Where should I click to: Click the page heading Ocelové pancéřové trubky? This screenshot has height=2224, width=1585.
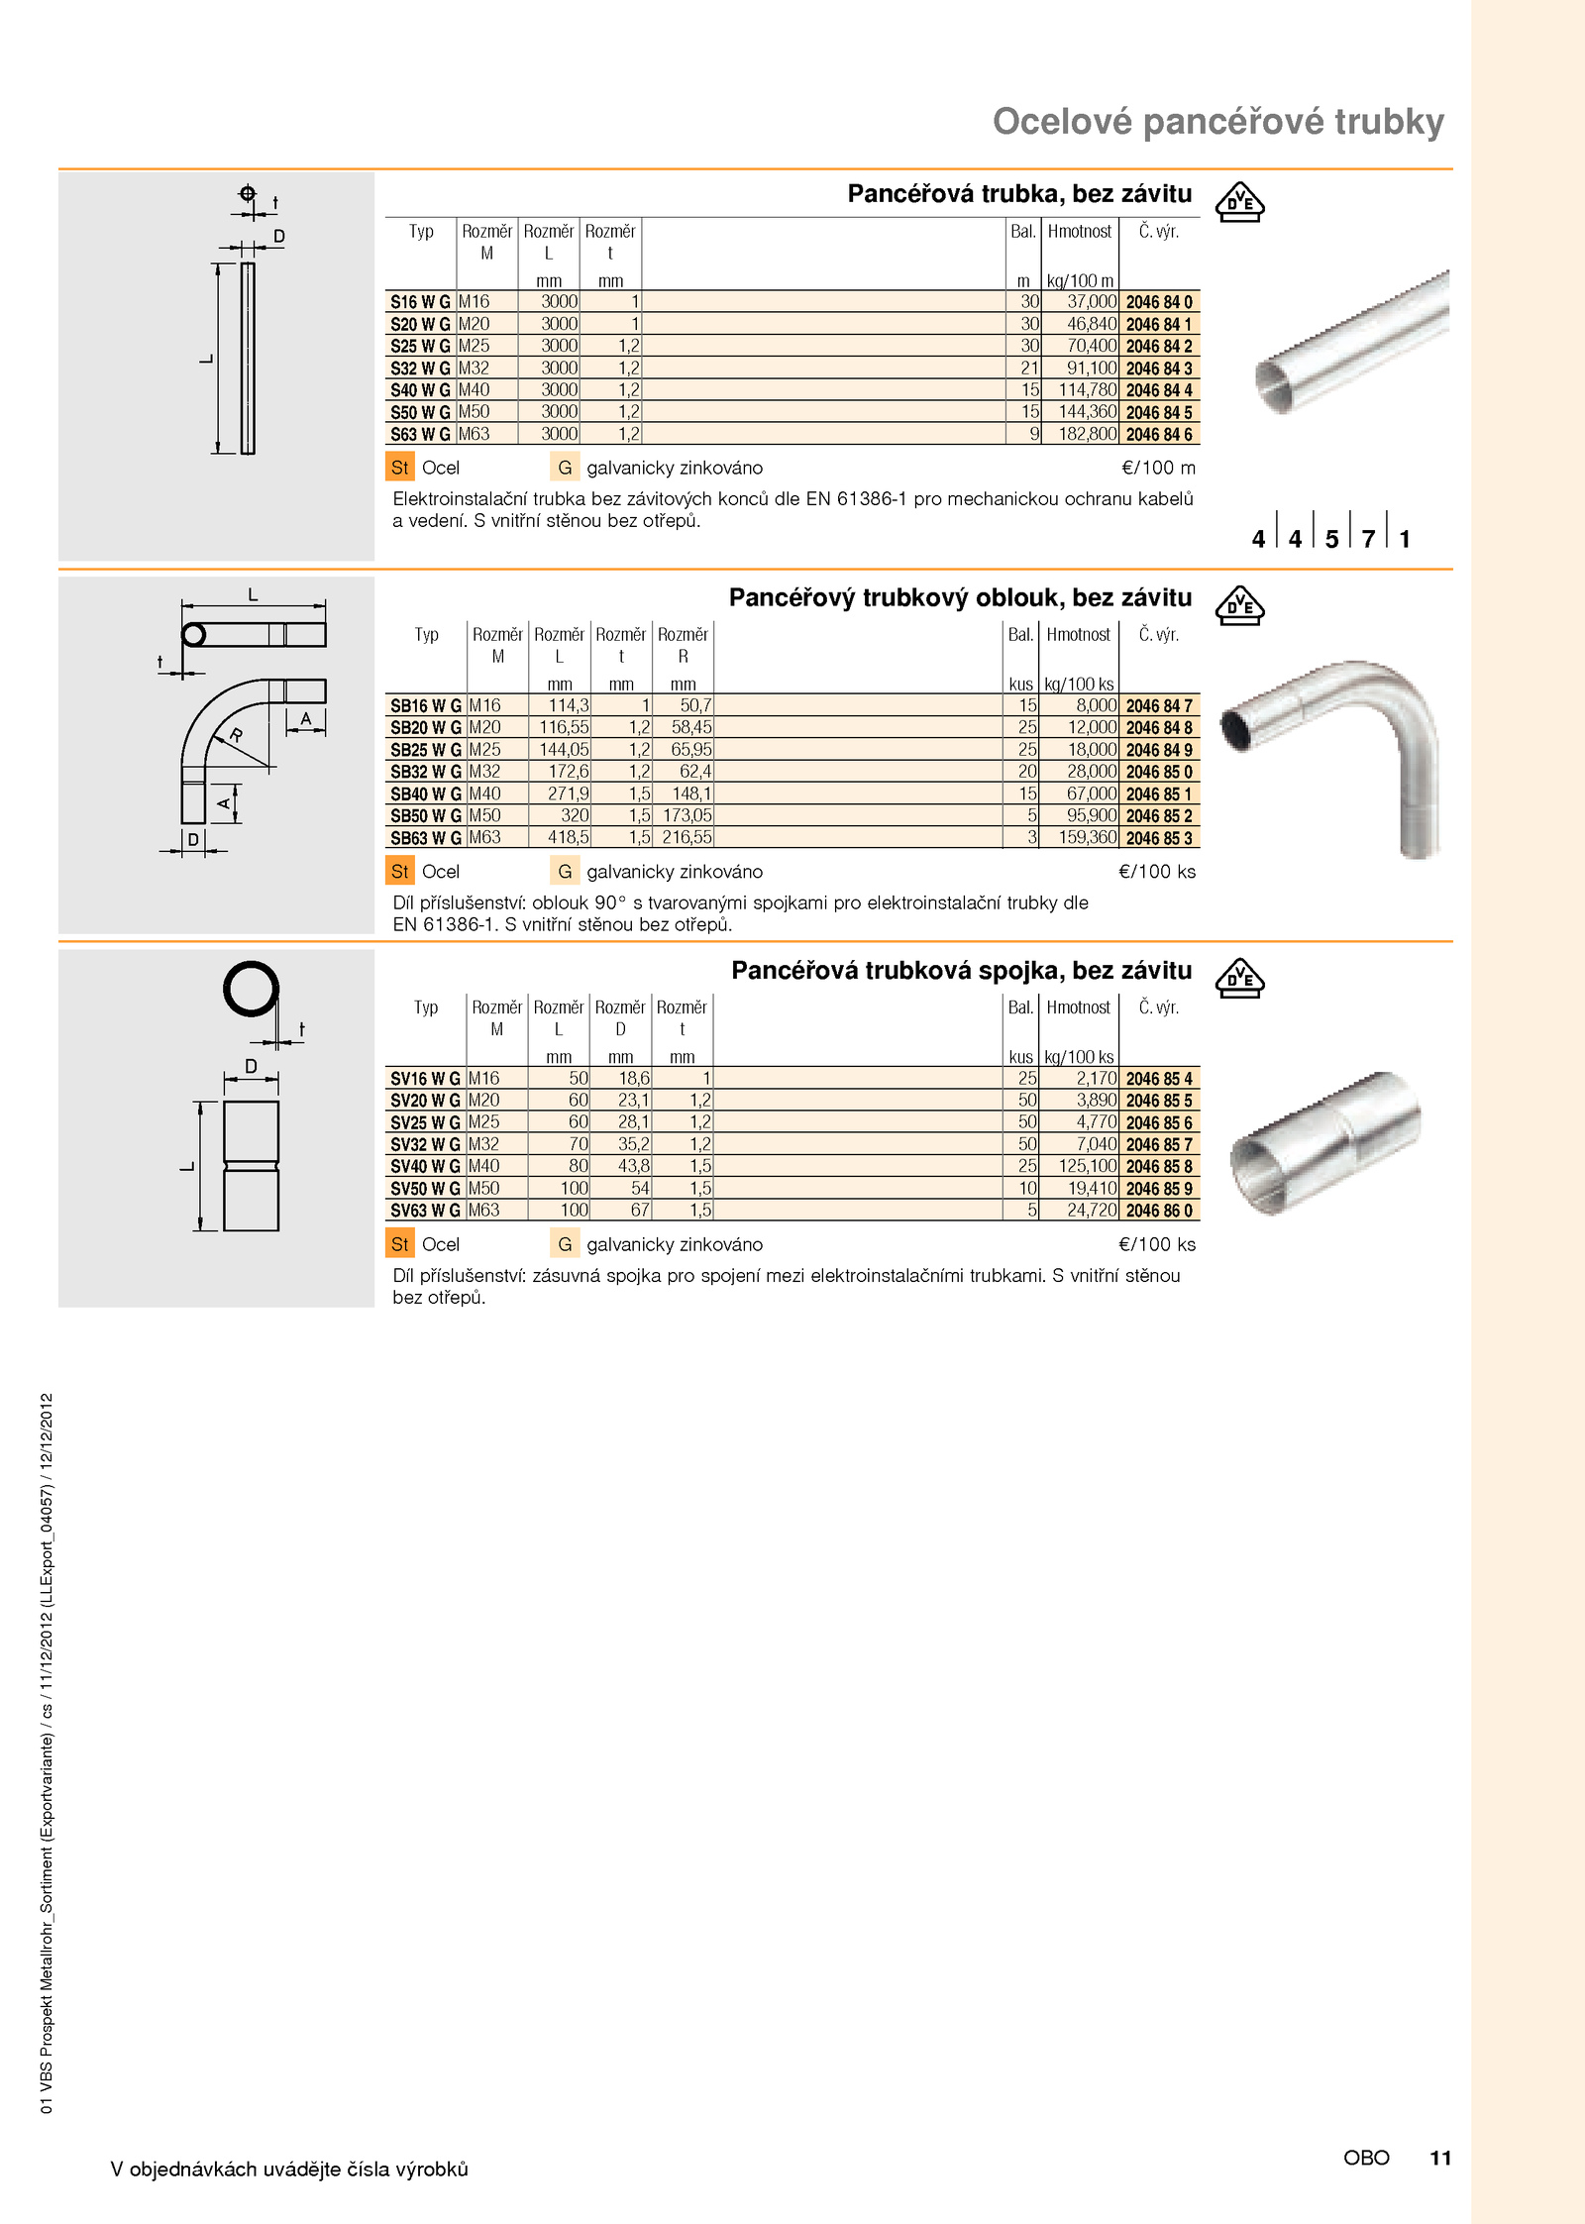(1217, 122)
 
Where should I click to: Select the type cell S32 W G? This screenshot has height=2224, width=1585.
(420, 369)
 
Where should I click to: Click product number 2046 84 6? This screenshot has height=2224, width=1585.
(1158, 435)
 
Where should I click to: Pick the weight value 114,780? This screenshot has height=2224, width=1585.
(1087, 390)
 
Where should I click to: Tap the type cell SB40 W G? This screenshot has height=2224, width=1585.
(425, 794)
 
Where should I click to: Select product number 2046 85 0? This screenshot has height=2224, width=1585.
(1158, 772)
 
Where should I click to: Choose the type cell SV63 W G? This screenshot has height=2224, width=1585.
(425, 1211)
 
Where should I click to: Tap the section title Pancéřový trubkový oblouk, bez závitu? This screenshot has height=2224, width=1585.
(960, 598)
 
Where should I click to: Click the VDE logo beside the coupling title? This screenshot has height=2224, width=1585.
(1239, 978)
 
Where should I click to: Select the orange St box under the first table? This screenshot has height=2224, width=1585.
(399, 468)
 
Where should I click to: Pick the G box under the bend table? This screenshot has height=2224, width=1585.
(565, 872)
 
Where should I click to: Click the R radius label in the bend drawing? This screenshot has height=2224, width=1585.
(236, 735)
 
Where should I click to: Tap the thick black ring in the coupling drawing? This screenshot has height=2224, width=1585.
(251, 988)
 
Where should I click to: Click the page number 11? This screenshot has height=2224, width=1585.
(1439, 2157)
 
